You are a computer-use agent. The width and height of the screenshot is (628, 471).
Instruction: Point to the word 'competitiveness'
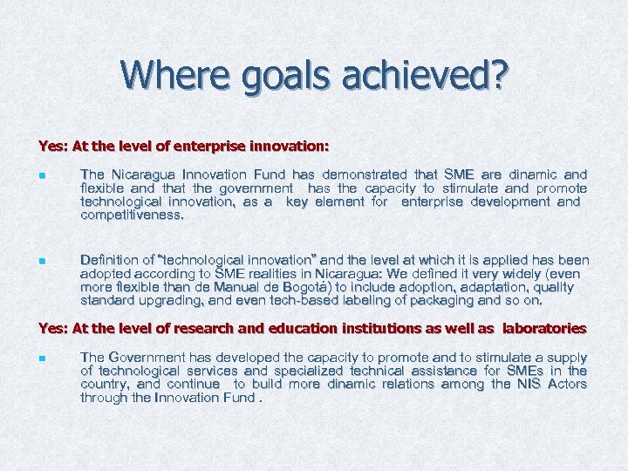(x=132, y=215)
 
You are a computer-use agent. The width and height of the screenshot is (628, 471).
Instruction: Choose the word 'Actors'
(x=567, y=384)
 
